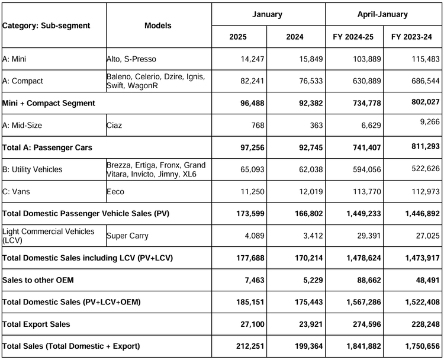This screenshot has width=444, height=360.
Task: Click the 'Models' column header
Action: coord(157,25)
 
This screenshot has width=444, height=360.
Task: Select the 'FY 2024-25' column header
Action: coord(353,37)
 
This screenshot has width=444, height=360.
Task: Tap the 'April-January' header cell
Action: coord(382,14)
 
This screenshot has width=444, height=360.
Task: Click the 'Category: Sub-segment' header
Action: coord(46,25)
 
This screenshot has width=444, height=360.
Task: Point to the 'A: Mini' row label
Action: coord(14,59)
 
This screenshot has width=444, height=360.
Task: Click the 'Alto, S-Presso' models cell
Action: coord(131,59)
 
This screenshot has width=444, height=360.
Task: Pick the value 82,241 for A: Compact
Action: coord(252,81)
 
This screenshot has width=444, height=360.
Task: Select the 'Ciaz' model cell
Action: coord(114,125)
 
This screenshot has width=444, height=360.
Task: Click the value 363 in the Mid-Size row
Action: coord(316,125)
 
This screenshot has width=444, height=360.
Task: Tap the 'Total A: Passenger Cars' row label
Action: coord(47,147)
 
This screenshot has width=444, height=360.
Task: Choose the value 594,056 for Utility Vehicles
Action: coord(366,169)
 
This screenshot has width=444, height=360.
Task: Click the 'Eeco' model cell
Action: coord(115,192)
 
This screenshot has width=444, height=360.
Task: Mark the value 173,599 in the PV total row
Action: coord(250,214)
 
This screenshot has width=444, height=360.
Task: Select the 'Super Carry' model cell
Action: coord(127,236)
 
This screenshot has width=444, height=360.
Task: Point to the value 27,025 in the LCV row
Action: coord(427,236)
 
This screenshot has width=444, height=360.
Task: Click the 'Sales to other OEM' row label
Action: coord(38,280)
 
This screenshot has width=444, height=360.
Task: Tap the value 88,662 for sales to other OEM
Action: coord(369,280)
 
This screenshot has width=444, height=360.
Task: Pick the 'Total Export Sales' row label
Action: coord(36,324)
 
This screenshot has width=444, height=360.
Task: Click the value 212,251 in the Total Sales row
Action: coord(250,346)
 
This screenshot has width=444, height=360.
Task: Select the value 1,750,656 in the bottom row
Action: coord(422,346)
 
